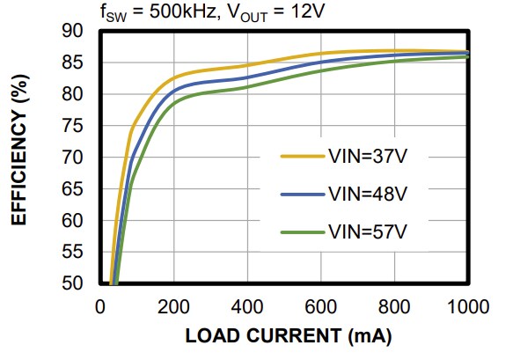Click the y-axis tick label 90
tap(72, 32)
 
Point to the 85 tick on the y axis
tap(72, 63)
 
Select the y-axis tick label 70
tap(72, 158)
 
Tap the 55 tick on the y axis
tap(72, 253)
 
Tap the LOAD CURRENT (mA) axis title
tap(288, 337)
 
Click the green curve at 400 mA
tap(247, 88)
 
